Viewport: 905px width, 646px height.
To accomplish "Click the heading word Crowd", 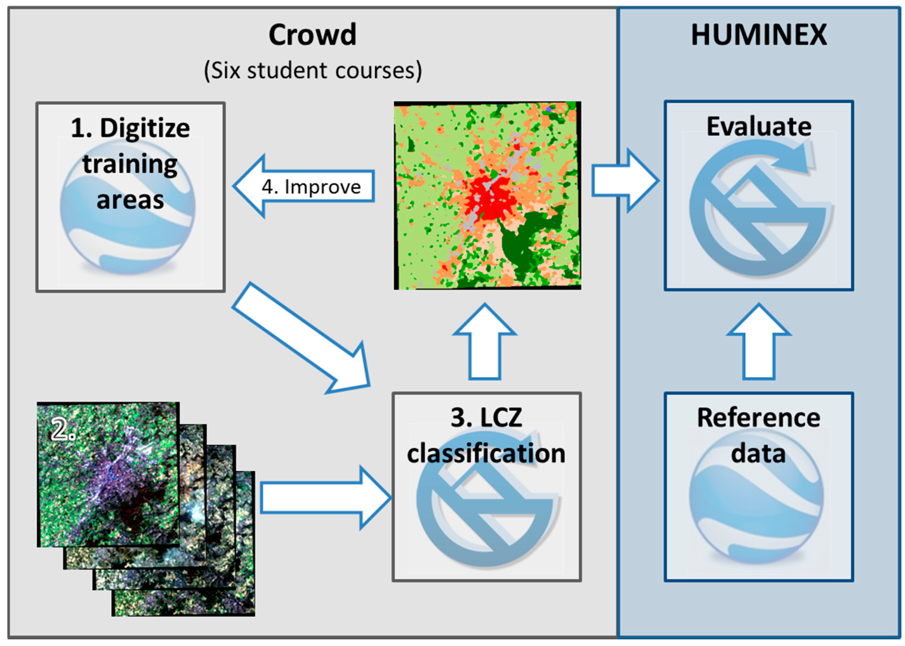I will tap(312, 35).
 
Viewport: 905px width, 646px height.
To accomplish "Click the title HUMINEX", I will tap(758, 35).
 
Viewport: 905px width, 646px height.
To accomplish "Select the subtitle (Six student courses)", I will tap(313, 71).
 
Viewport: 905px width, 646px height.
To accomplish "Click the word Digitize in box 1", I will tap(145, 128).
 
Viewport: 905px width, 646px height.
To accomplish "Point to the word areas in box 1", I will tap(130, 200).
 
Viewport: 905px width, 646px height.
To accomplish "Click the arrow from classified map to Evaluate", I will tap(624, 181).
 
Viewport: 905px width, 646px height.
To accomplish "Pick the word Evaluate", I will tap(758, 127).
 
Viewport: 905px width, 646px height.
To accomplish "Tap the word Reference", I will tap(758, 418).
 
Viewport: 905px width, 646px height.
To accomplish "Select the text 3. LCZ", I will tap(486, 418).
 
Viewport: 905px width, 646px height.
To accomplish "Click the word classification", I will tap(486, 453).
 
